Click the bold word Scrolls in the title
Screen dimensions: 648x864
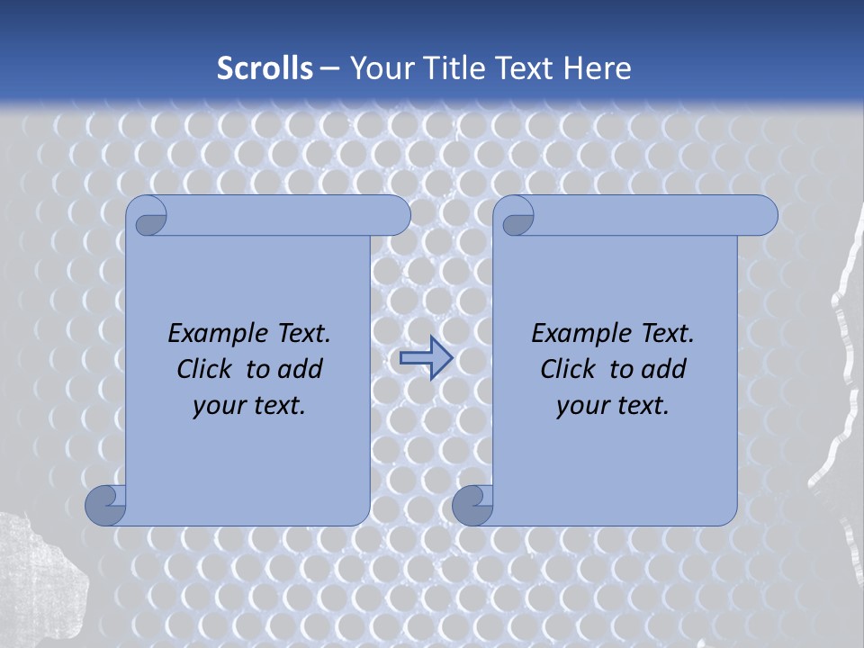[x=265, y=68]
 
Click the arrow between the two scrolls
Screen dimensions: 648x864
[x=425, y=358]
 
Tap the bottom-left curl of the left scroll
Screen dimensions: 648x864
[x=104, y=506]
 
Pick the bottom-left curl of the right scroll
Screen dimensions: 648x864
[x=472, y=506]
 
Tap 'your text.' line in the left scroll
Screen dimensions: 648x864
[x=249, y=405]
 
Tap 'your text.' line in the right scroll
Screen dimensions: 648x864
[x=613, y=405]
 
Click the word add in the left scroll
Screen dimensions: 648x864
[x=300, y=369]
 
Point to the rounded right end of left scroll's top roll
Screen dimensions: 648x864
[x=396, y=215]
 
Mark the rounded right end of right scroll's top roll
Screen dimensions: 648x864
[x=763, y=215]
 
